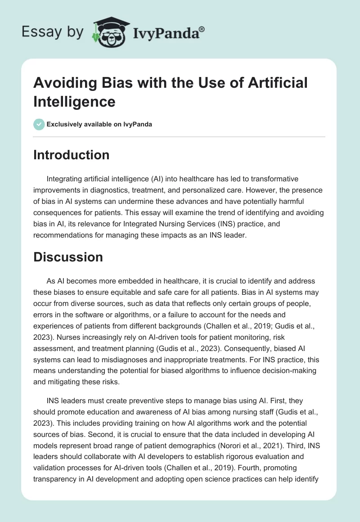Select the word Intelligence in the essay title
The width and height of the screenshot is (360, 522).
click(74, 101)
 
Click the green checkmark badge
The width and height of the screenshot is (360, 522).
click(39, 124)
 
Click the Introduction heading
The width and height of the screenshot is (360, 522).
click(72, 155)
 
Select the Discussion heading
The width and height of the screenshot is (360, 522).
click(68, 257)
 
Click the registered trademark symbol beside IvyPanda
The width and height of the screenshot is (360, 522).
click(202, 29)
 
